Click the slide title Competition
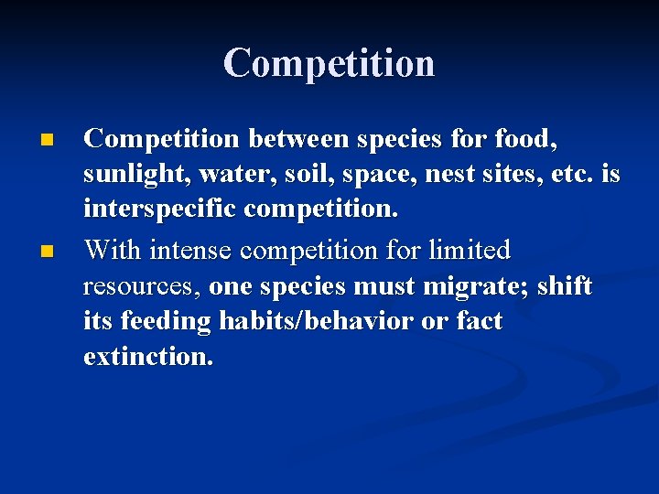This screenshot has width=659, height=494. [329, 63]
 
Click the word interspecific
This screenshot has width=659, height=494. [159, 210]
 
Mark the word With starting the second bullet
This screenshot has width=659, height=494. [113, 250]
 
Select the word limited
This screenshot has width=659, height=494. [462, 250]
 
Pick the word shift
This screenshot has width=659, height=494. [564, 285]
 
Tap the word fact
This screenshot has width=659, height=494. [476, 322]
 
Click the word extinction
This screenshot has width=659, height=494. [148, 357]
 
